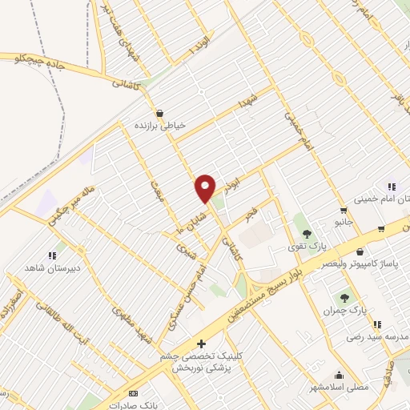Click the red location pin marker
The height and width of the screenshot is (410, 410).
[x=206, y=188]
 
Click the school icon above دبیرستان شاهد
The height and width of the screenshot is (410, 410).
[x=52, y=256]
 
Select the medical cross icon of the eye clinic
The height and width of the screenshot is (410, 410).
[x=200, y=344]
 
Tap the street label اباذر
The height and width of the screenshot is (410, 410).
[x=232, y=183]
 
